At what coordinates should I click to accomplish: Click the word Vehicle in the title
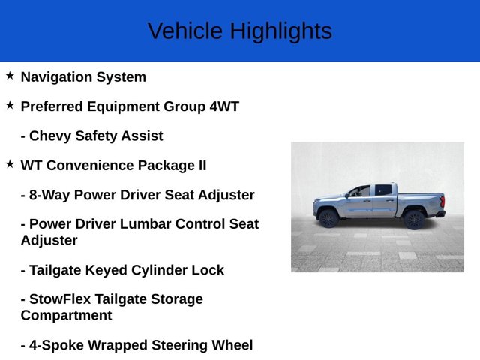pos(185,31)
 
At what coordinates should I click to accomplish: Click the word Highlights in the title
pos(280,31)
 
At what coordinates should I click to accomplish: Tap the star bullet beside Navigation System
pos(10,76)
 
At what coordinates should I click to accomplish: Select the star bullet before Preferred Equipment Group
pos(10,106)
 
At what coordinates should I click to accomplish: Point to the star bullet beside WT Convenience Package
pos(10,164)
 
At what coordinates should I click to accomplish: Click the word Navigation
pos(57,76)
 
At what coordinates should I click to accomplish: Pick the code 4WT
pos(224,106)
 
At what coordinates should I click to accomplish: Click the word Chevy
pos(51,136)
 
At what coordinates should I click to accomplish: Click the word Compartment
pos(67,315)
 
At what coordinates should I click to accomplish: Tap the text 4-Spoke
pos(55,345)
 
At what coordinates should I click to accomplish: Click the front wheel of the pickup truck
pos(328,218)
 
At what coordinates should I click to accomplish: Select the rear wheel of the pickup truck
pos(413,219)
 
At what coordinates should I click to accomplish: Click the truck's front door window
pos(361,191)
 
